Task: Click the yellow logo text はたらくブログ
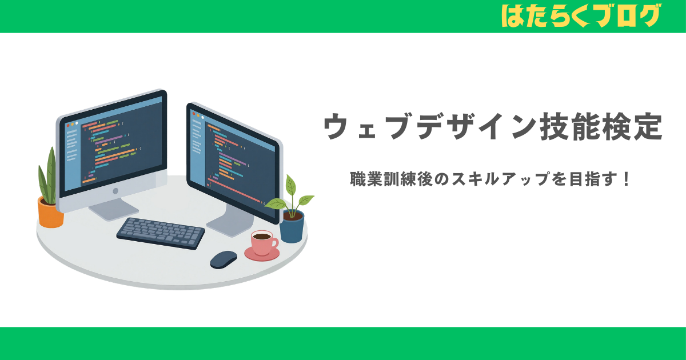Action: pyautogui.click(x=580, y=15)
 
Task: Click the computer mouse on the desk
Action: pyautogui.click(x=223, y=259)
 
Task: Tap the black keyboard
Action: pyautogui.click(x=161, y=233)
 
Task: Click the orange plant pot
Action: pyautogui.click(x=50, y=213)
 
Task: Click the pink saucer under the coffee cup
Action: pyautogui.click(x=262, y=254)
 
